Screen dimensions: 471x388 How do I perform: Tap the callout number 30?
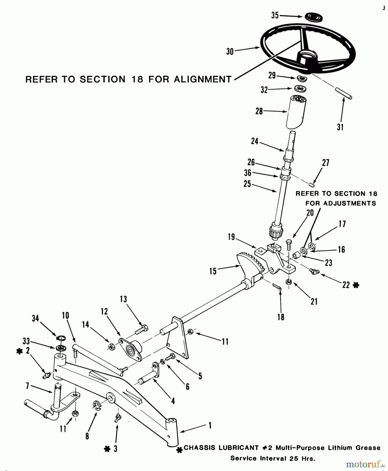tap(230, 52)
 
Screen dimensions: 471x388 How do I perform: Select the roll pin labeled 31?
tap(343, 93)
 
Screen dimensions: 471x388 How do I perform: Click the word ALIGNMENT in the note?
tap(203, 79)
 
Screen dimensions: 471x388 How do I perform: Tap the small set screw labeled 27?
tap(311, 185)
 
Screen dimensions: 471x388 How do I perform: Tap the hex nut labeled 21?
tap(289, 282)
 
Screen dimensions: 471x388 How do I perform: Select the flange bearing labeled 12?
tap(130, 350)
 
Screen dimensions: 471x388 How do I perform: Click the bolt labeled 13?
tap(141, 329)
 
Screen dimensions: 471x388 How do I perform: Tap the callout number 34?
tap(35, 318)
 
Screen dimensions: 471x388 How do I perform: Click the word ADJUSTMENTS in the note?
tap(340, 203)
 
